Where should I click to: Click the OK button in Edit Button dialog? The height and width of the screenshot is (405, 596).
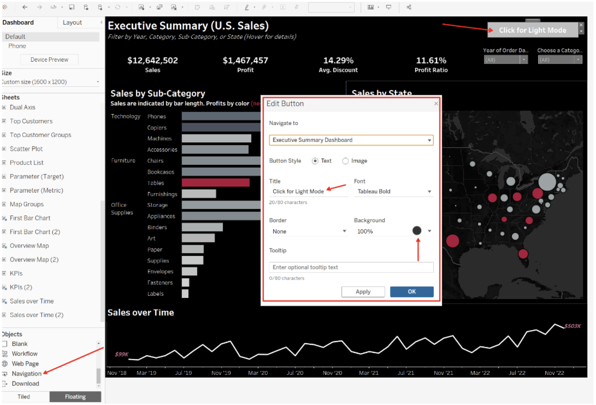tap(411, 292)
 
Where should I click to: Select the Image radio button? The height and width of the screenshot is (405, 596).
tap(345, 161)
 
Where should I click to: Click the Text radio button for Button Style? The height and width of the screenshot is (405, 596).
tap(315, 161)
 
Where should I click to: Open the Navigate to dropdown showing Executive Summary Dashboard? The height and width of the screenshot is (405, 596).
tap(351, 140)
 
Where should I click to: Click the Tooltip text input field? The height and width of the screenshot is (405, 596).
tap(351, 267)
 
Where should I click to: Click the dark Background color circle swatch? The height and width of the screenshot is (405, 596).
tap(417, 231)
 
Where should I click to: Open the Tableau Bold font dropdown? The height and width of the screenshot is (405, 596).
tap(394, 191)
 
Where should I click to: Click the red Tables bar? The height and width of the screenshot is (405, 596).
tap(215, 183)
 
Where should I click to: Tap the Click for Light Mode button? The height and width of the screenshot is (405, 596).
tap(532, 30)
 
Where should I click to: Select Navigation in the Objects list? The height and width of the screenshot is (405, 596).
tap(27, 374)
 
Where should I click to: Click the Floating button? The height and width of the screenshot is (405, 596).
tap(75, 397)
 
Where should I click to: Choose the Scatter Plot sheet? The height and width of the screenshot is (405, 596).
tap(26, 149)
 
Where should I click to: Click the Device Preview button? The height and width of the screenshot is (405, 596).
tap(49, 59)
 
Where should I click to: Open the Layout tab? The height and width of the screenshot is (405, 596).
tap(72, 23)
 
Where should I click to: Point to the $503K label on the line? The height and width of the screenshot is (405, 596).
tap(572, 326)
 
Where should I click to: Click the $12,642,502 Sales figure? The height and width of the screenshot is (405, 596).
tap(153, 61)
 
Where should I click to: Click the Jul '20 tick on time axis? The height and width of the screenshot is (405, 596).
tap(295, 373)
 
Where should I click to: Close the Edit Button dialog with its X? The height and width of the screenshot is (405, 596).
tap(436, 104)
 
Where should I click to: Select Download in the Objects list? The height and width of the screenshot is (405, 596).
tap(25, 384)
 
